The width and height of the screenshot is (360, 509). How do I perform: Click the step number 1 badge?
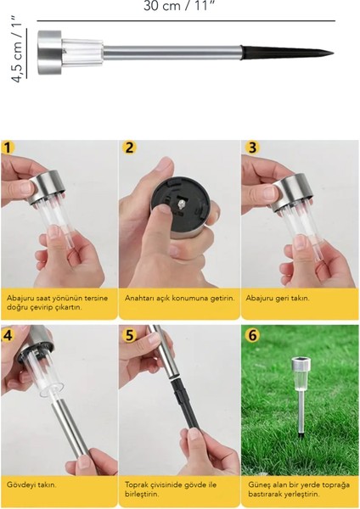point(8,147)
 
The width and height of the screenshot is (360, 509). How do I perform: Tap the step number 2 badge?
point(129,147)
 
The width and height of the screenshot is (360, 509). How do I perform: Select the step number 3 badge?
point(252,147)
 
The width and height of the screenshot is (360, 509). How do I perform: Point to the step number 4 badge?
point(7,335)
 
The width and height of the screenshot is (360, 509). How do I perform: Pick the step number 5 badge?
point(129,335)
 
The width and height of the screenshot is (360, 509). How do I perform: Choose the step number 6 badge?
point(252,335)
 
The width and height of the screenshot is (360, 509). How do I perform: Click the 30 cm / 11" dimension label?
point(180,6)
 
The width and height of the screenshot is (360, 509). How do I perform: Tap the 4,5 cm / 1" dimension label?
point(17,48)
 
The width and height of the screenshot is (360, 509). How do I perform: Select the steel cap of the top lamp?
point(50,53)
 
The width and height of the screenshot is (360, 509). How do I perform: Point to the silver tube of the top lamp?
point(172,53)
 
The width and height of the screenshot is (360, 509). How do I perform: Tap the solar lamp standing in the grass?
point(301,395)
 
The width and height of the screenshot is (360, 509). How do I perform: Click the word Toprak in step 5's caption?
point(136,485)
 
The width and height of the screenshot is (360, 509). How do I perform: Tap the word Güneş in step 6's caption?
point(258,485)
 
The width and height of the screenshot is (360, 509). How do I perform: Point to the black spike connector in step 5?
point(186,402)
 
